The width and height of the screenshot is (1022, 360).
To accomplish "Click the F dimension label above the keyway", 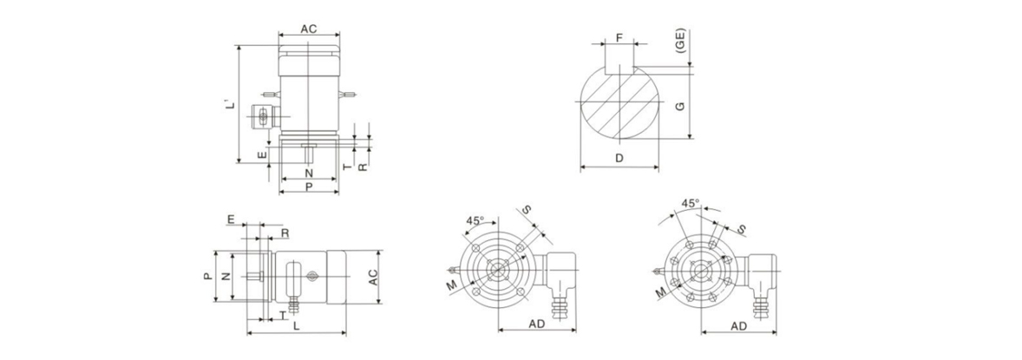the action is [x=619, y=38].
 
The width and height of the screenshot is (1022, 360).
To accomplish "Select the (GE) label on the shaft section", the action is [x=680, y=41].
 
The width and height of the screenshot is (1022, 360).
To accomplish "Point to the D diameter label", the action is [x=619, y=158].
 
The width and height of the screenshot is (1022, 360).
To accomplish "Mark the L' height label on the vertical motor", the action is [x=229, y=104].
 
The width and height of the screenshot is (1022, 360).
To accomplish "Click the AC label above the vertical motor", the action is [x=309, y=29].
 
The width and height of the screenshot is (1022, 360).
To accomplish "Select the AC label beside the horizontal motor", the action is [x=373, y=277].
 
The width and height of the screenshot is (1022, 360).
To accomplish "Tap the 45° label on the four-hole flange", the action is [x=475, y=220].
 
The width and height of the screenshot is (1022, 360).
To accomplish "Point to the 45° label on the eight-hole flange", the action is [x=690, y=203].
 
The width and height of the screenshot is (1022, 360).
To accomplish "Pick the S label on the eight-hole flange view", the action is [x=741, y=229].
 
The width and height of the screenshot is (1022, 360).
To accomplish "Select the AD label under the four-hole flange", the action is [x=536, y=324].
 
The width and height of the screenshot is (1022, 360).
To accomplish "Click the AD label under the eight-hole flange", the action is [x=738, y=325].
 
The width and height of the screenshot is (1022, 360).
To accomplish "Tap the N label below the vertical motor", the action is [x=309, y=173].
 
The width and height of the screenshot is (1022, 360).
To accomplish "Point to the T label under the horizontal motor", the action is [x=282, y=314].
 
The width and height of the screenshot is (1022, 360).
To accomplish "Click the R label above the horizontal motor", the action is [x=285, y=232].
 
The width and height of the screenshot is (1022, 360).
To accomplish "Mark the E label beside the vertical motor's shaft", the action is [x=261, y=155].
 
